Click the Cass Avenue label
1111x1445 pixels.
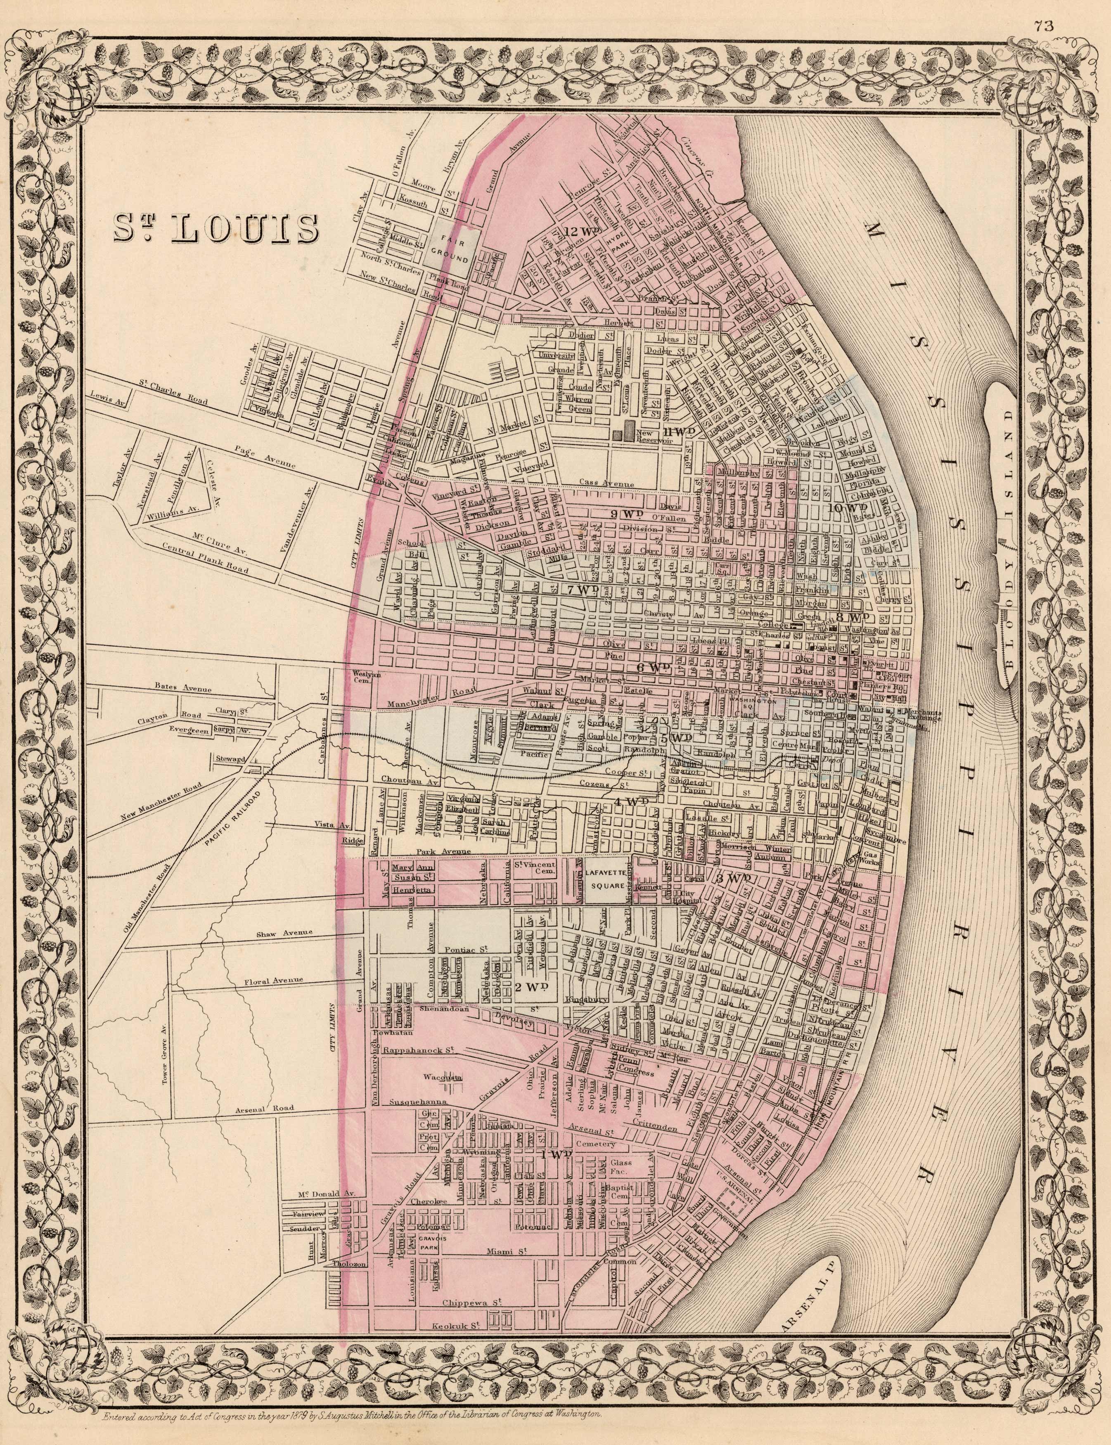click(606, 484)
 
